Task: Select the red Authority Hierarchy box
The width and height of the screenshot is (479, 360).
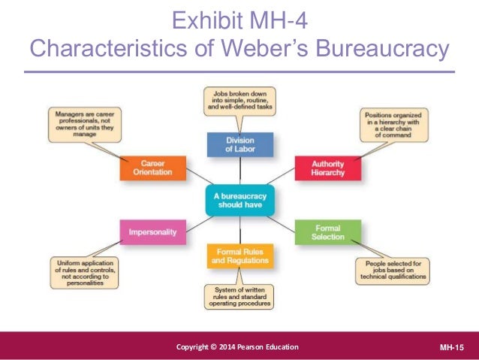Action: (327, 168)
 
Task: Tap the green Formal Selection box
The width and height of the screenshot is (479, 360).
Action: (328, 232)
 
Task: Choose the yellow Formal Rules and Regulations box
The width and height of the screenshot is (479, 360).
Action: (239, 256)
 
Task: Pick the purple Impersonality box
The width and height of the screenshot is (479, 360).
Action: (152, 232)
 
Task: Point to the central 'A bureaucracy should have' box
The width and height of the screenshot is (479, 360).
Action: (240, 200)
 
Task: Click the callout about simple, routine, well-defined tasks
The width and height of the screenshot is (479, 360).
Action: (239, 101)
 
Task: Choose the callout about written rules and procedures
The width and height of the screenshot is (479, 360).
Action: (239, 295)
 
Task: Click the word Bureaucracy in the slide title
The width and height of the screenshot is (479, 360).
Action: (383, 49)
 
